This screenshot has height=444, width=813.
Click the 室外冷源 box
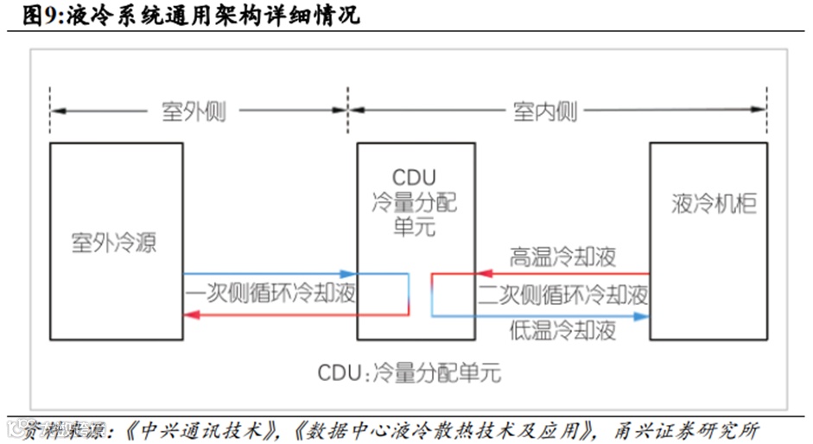click(x=115, y=241)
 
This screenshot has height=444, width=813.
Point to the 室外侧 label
click(x=194, y=111)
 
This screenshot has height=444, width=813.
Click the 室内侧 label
click(x=545, y=111)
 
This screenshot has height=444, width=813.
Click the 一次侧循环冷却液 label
click(x=270, y=294)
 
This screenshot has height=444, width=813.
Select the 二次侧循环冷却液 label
click(x=563, y=295)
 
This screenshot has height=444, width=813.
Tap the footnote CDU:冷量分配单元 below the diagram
click(x=409, y=373)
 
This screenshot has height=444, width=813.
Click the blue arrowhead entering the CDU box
click(x=351, y=274)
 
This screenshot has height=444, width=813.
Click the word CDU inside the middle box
click(x=415, y=178)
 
